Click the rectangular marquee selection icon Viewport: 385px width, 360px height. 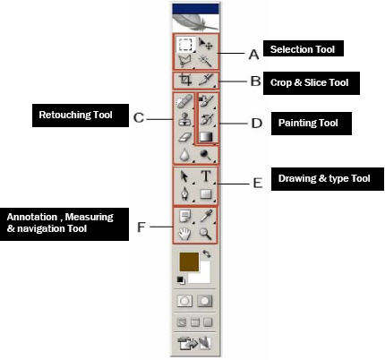(x=185, y=45)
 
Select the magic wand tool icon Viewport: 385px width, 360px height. (x=205, y=61)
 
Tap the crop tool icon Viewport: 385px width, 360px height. (x=185, y=80)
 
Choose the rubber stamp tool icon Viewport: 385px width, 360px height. (x=184, y=119)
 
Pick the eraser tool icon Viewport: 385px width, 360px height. (x=185, y=137)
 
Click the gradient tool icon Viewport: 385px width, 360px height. (x=206, y=137)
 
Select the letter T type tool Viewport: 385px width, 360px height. (x=206, y=176)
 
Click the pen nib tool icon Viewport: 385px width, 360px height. (x=185, y=194)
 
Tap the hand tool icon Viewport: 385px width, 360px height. (x=184, y=234)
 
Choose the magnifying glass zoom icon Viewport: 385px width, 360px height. (x=206, y=234)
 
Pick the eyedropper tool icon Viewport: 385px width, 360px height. (x=206, y=216)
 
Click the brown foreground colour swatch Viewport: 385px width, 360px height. (x=189, y=261)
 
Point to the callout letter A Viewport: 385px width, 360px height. (x=253, y=55)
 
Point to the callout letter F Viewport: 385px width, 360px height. (x=141, y=227)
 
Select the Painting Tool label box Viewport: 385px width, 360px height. (x=312, y=124)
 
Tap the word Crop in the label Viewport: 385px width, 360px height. (x=281, y=82)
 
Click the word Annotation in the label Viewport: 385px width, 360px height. (x=32, y=217)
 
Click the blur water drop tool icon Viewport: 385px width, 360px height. (x=185, y=155)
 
